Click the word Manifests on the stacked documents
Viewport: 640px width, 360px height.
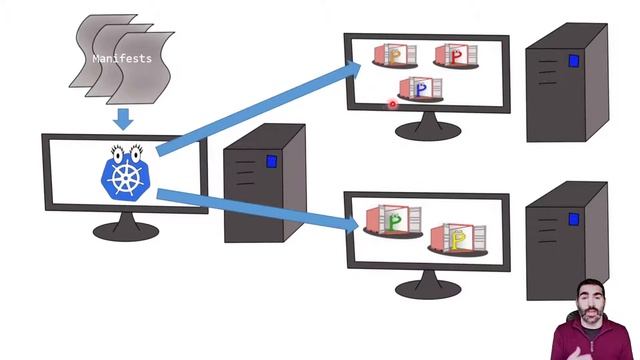pos(122,59)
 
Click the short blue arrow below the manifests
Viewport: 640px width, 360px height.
pos(123,120)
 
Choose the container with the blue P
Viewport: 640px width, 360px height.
pos(420,89)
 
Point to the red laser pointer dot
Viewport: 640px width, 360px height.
pos(393,102)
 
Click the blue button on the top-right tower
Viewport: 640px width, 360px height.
pos(574,61)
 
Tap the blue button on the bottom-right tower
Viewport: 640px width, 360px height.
pos(574,218)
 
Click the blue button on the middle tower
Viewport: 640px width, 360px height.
pos(272,161)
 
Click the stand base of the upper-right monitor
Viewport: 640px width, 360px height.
pos(425,130)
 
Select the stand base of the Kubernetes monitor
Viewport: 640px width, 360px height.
pos(124,232)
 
